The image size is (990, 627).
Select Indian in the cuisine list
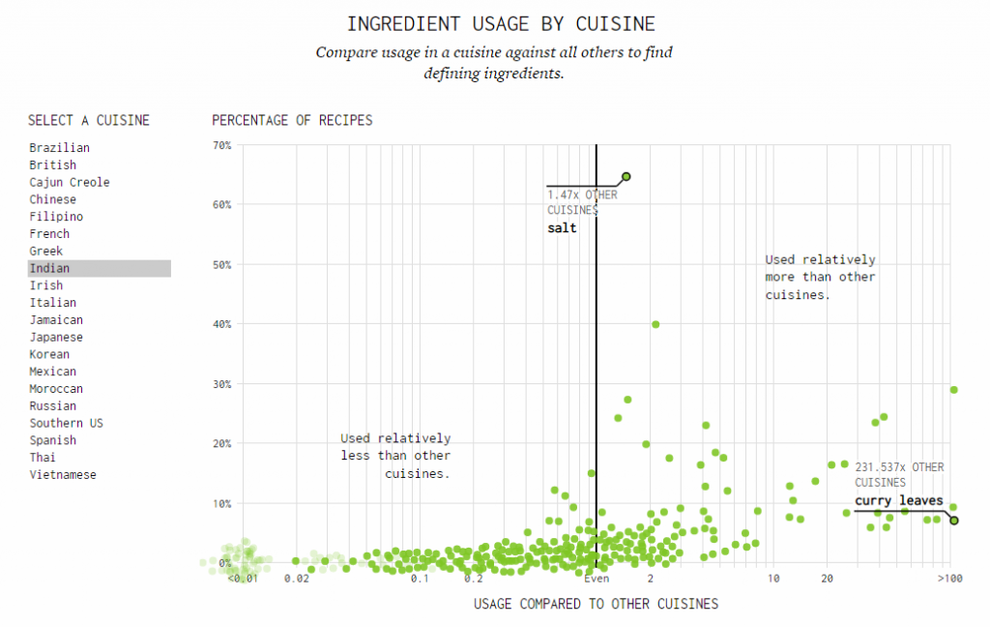[49, 268]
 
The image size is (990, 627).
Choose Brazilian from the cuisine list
[59, 148]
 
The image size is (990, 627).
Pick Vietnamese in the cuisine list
[63, 475]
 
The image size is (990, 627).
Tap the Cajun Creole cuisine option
[70, 183]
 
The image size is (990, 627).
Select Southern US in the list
[66, 424]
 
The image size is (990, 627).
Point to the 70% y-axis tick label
[221, 145]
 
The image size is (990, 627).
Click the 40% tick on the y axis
[221, 324]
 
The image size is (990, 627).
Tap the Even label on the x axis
[597, 578]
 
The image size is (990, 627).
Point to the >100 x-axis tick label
[949, 578]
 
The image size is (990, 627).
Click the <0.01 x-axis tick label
[242, 578]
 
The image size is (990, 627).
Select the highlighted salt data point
[626, 176]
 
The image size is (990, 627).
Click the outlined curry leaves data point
[954, 521]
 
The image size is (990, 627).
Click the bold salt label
[562, 228]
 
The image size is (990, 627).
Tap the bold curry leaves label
[898, 501]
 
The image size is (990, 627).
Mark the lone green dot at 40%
[655, 324]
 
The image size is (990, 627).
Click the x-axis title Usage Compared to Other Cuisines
[596, 604]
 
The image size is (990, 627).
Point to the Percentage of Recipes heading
[292, 121]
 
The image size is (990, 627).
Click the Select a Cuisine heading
[89, 121]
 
